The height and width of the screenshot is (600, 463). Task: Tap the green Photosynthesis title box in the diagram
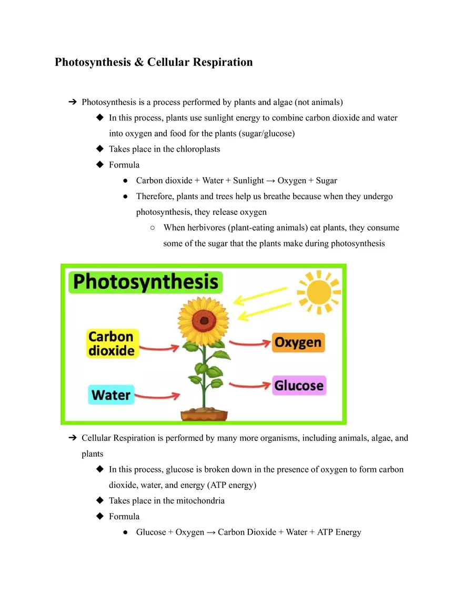(x=146, y=282)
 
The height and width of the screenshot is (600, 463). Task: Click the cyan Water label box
(x=111, y=394)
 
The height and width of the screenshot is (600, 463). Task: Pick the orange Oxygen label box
(x=298, y=342)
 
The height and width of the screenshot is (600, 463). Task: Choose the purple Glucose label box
(x=298, y=385)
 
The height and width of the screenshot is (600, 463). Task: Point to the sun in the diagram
(x=319, y=291)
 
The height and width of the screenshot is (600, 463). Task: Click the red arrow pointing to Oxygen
(x=249, y=343)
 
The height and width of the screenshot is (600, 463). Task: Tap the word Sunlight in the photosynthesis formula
(x=248, y=181)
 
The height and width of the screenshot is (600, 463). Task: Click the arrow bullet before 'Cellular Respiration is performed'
(x=73, y=438)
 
